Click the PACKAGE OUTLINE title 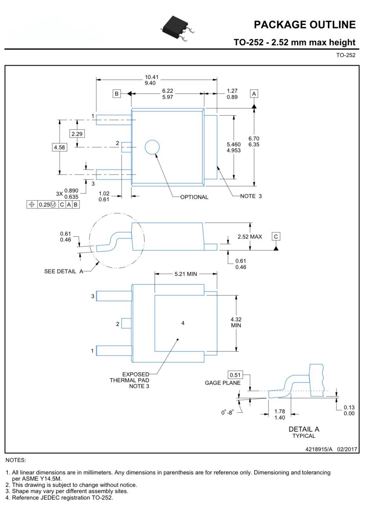304,25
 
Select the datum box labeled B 117,94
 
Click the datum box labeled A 254,94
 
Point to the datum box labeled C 276,236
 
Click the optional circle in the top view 152,147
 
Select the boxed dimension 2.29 77,134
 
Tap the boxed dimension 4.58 59,148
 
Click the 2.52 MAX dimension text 249,236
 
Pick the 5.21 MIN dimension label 186,274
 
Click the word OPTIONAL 194,197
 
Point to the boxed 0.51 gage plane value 235,375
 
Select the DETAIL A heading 304,429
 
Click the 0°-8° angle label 227,413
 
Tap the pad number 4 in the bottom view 183,323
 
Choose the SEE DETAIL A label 64,271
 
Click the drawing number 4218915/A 319,449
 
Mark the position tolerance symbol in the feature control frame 32,204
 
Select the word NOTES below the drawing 16,460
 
